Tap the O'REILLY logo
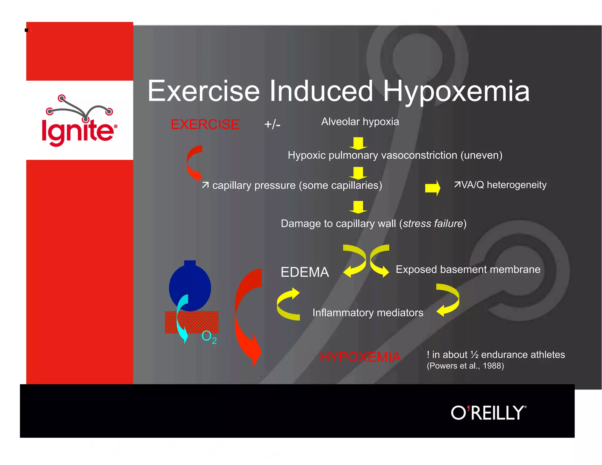(x=488, y=413)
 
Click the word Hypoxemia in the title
(x=456, y=92)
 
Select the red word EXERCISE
(x=205, y=124)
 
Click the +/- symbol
(x=272, y=124)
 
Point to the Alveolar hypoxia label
(x=360, y=122)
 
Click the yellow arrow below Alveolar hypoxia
(x=358, y=143)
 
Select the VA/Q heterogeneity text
(x=500, y=185)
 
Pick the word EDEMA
(x=305, y=272)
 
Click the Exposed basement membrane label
(x=468, y=270)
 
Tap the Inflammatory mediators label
(x=367, y=313)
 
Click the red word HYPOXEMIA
(x=360, y=357)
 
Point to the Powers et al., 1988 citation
(x=465, y=366)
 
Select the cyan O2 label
(x=209, y=337)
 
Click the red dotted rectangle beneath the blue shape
(x=203, y=322)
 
